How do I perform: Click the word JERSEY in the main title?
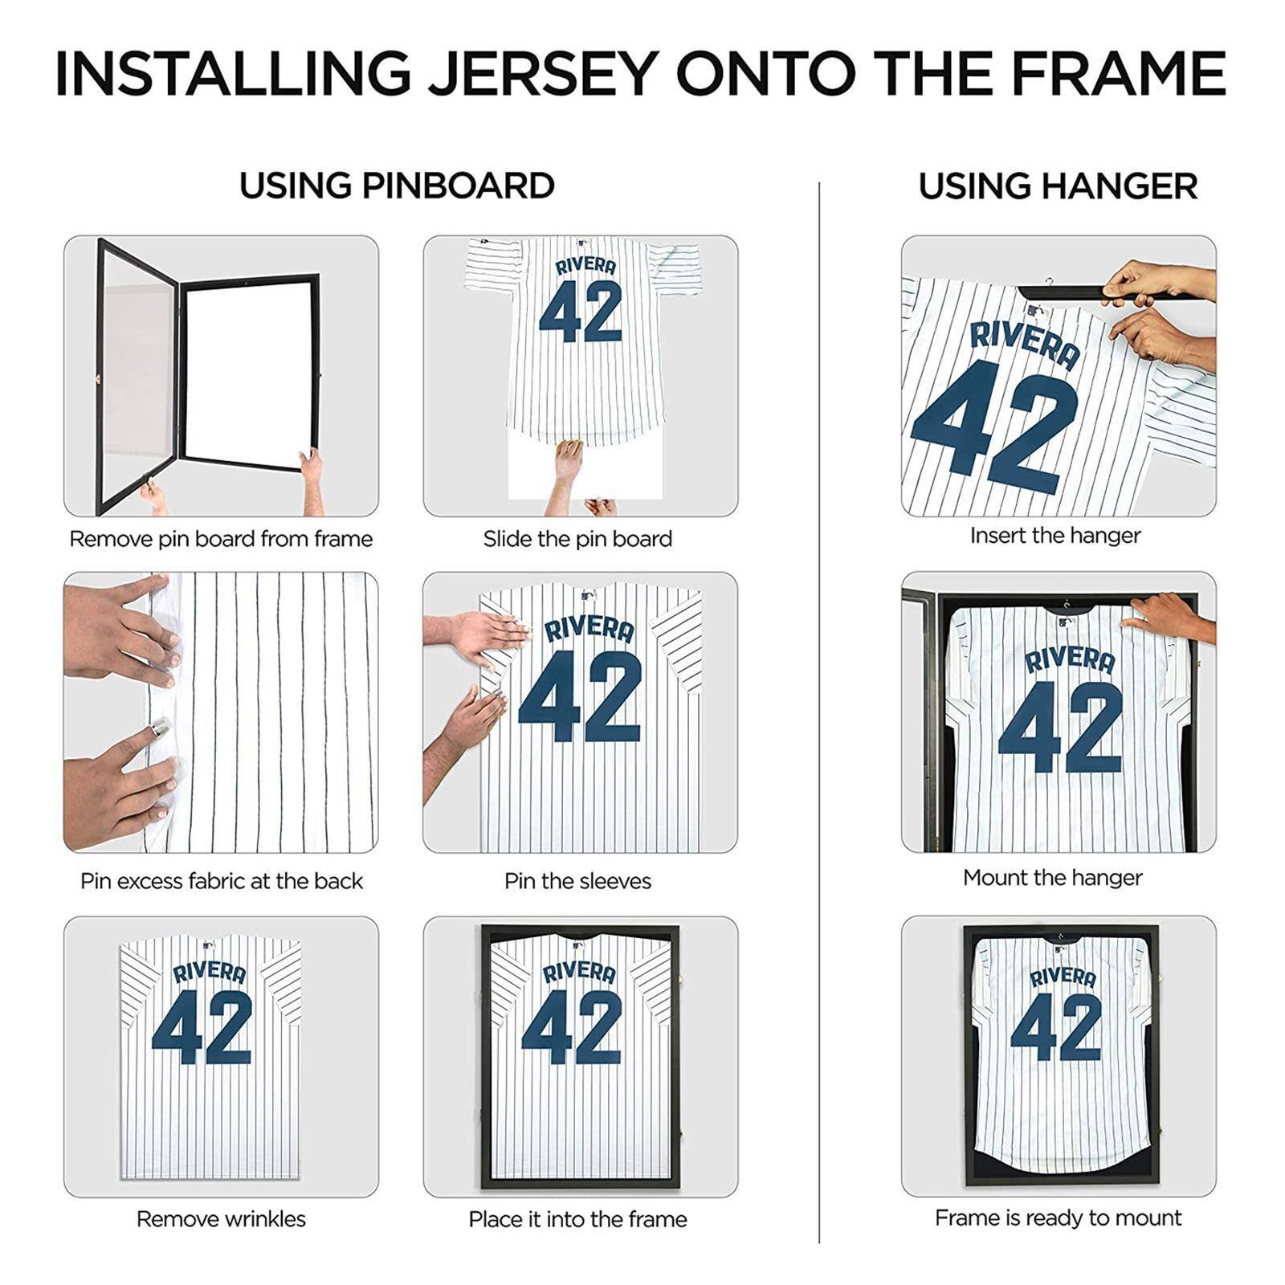(543, 74)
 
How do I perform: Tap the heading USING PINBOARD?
(397, 186)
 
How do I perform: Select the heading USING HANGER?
(1058, 186)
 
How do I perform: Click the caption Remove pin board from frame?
(221, 539)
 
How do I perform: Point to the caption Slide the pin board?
(577, 539)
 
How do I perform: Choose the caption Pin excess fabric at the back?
(221, 881)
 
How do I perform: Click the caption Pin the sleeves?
(577, 881)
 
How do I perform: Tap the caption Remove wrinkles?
(221, 1219)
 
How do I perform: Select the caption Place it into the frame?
(577, 1219)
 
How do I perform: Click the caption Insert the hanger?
(1055, 536)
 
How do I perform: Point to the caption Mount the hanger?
(1052, 878)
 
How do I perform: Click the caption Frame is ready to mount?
(1058, 1218)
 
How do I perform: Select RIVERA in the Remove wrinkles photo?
(209, 973)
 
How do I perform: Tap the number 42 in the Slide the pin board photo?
(580, 311)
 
